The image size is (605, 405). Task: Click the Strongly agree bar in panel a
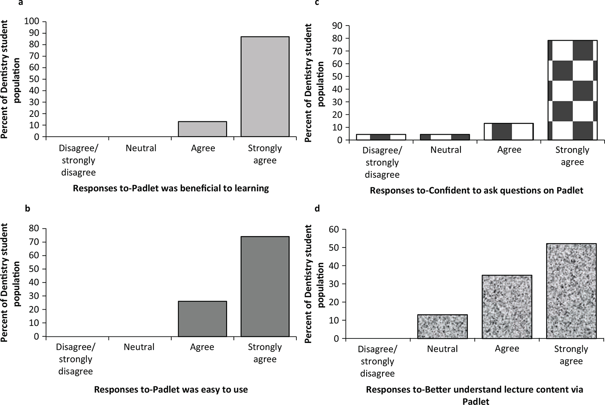pos(265,86)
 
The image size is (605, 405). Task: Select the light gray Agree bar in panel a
pos(202,129)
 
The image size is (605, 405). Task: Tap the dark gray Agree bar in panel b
pos(202,319)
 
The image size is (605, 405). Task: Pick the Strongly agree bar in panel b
pos(265,287)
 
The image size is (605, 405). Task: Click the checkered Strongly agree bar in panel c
pos(572,90)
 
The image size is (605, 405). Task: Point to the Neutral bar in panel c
pos(445,137)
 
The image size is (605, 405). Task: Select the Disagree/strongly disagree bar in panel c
pos(381,137)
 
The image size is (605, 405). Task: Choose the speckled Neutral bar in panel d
pos(443,326)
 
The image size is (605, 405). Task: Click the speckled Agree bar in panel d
pos(507,307)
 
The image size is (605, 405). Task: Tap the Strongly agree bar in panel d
pos(571,291)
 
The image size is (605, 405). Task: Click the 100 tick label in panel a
pos(32,21)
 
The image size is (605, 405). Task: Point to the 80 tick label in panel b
pos(35,228)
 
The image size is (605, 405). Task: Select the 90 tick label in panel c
pos(338,26)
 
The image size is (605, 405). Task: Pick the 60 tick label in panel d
pos(334,229)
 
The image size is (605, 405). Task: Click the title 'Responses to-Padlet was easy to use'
pos(171,390)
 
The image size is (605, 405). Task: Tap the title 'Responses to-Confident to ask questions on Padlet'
pos(476,190)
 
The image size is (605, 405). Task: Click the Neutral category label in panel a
pos(141,148)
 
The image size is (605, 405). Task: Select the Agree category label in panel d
pos(507,349)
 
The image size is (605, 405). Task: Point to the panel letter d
pos(318,209)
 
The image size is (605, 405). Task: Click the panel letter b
pos(28,209)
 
